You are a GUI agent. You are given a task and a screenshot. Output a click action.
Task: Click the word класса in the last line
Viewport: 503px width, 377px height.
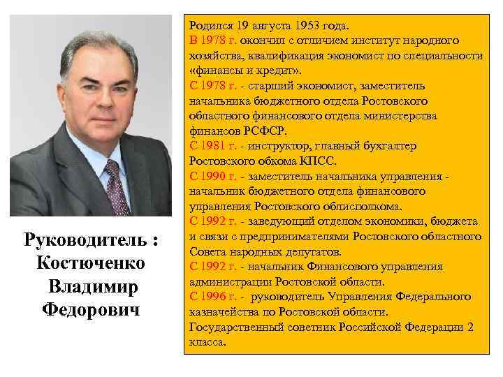(207, 342)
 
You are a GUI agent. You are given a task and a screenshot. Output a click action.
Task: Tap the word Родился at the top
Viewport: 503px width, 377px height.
(210, 26)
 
